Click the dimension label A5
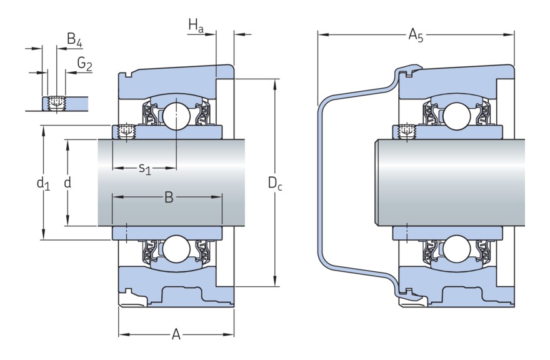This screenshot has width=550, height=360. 416,35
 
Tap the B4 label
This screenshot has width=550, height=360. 74,42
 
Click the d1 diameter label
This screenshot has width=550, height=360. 42,183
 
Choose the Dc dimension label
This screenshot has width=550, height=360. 275,183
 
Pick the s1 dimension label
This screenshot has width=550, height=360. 144,168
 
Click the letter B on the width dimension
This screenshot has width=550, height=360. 168,197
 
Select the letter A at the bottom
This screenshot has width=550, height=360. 176,335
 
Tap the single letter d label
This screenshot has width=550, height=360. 67,182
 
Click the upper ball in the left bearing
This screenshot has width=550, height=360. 176,115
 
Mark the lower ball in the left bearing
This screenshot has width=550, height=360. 176,249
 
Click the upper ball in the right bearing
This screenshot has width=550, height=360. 455,115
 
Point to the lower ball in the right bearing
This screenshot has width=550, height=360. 455,249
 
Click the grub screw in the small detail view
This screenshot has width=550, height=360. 57,102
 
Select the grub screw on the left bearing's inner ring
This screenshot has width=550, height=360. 127,132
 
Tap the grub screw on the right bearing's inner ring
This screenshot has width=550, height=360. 406,132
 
